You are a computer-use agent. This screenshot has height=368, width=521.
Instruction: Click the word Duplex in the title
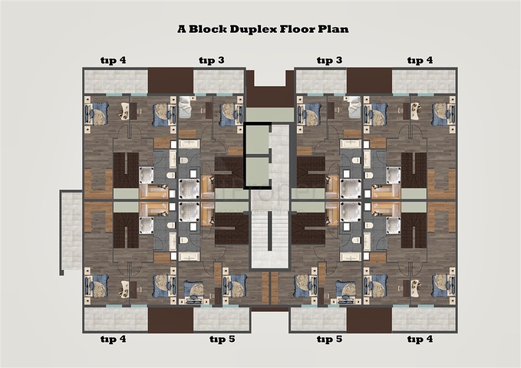click(x=253, y=29)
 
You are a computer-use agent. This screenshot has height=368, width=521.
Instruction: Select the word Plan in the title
click(x=333, y=29)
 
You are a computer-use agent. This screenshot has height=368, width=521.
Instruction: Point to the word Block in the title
click(x=208, y=29)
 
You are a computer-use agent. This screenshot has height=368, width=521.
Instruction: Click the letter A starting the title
click(x=182, y=29)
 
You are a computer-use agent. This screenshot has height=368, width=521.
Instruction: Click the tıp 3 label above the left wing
click(x=212, y=61)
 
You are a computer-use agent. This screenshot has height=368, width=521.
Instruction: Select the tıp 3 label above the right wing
click(x=329, y=61)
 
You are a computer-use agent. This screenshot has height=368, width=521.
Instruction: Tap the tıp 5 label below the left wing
click(x=223, y=339)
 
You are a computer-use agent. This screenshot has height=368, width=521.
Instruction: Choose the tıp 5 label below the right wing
click(x=329, y=339)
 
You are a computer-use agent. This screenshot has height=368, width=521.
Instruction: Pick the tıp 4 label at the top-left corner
click(x=114, y=61)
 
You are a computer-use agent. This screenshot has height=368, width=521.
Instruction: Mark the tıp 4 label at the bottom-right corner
click(x=420, y=339)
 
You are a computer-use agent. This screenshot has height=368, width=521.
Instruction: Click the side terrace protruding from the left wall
click(x=71, y=232)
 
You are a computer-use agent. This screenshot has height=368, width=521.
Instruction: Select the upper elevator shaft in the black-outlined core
click(x=257, y=140)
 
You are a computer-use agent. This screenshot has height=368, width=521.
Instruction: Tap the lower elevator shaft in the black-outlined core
click(x=257, y=172)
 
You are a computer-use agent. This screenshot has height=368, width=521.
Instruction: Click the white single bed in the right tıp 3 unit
click(x=354, y=107)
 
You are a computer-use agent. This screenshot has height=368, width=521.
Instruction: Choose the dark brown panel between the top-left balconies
click(x=170, y=81)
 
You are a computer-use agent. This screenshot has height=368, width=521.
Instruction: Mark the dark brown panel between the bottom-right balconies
click(x=369, y=320)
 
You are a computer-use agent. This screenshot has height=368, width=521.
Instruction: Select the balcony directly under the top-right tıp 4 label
click(x=424, y=82)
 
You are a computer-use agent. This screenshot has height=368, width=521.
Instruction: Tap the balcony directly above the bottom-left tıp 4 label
click(x=116, y=319)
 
